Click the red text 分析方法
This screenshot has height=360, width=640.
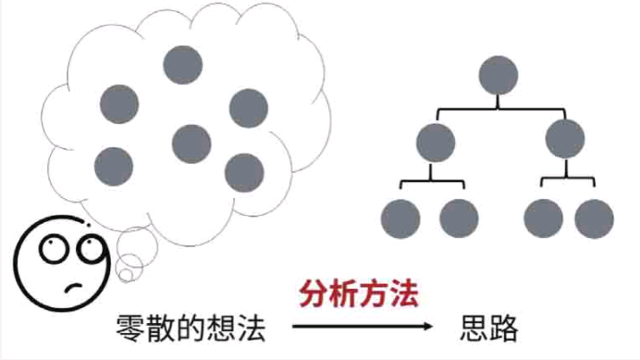point(359,295)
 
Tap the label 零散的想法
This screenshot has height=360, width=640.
point(191,329)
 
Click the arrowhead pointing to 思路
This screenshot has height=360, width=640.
point(427,328)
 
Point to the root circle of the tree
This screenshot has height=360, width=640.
point(499,75)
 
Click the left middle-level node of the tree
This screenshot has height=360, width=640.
point(436,142)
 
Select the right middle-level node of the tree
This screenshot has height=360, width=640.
point(565,140)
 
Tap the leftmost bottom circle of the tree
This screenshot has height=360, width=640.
point(400,218)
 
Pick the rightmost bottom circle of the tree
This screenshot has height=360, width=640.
point(595,218)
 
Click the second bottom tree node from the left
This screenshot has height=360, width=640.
point(459,218)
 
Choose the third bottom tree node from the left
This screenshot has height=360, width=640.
point(543,218)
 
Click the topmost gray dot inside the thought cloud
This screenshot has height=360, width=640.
point(182,64)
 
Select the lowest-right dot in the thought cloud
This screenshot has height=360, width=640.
point(244,172)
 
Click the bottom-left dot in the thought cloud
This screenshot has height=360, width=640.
point(114,166)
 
